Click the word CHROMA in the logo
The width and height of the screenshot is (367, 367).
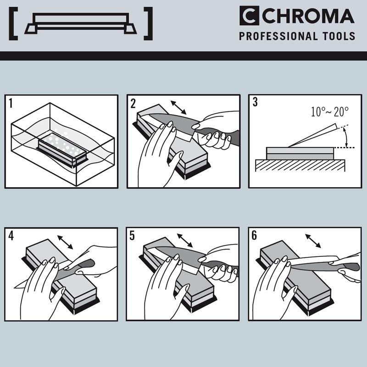point(308,16)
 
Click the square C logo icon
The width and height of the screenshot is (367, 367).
point(249,16)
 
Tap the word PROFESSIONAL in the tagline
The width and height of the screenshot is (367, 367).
point(278,36)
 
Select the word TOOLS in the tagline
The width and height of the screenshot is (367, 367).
point(339,36)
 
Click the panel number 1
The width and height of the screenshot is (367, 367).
point(11,103)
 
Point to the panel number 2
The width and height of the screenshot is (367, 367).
point(133,104)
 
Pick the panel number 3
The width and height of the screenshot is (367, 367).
point(255,102)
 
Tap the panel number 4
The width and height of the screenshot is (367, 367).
point(11,235)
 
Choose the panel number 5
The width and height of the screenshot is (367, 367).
point(132,235)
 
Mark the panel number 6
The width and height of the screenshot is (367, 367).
point(254,235)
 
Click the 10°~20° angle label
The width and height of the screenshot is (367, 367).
point(329,111)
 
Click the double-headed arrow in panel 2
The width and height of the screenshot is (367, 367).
point(178,107)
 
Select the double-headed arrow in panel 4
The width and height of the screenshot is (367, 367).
point(65,242)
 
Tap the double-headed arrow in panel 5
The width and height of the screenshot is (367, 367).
point(185,240)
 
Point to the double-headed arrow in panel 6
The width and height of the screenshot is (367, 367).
point(313,241)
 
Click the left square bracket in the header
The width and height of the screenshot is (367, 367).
point(13,24)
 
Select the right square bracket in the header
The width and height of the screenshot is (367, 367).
point(148,24)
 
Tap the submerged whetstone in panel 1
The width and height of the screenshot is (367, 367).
point(62,150)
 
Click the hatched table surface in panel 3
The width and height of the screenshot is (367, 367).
point(300,166)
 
